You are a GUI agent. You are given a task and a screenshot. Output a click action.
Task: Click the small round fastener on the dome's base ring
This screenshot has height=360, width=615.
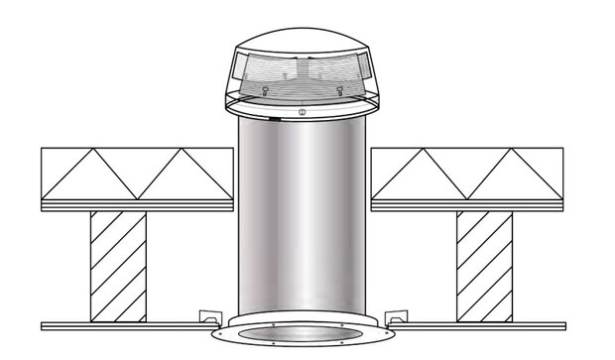302,112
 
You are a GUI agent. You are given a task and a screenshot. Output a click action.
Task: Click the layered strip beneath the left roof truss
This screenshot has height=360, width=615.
137,205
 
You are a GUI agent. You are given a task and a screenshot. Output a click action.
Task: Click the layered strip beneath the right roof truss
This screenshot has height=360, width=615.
466,205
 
